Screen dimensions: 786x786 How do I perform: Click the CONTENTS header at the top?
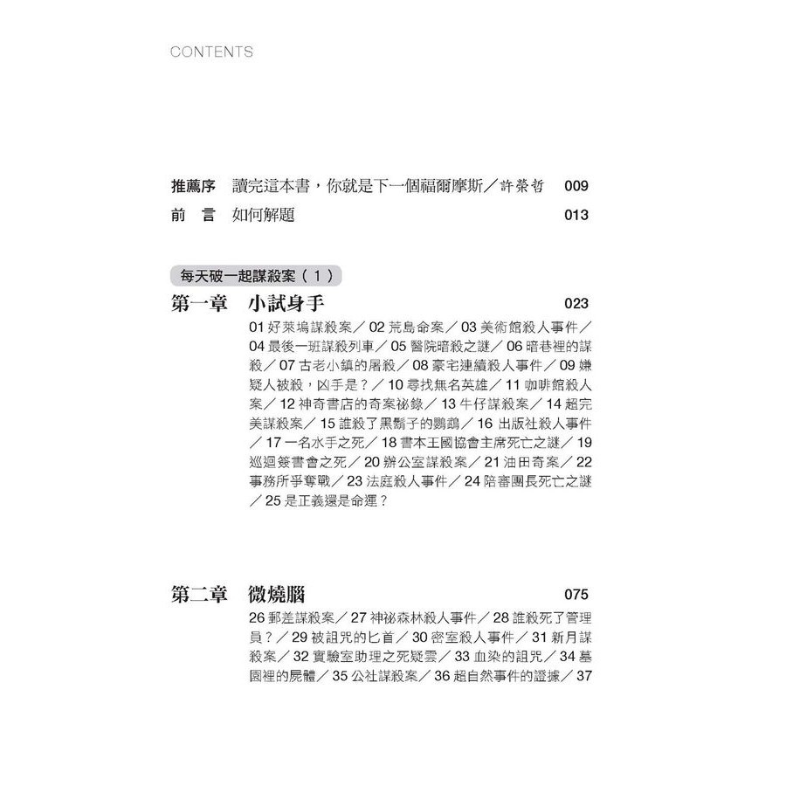click(212, 52)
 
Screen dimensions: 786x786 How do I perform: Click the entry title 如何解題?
click(263, 215)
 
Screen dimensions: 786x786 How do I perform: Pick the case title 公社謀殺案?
click(378, 676)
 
